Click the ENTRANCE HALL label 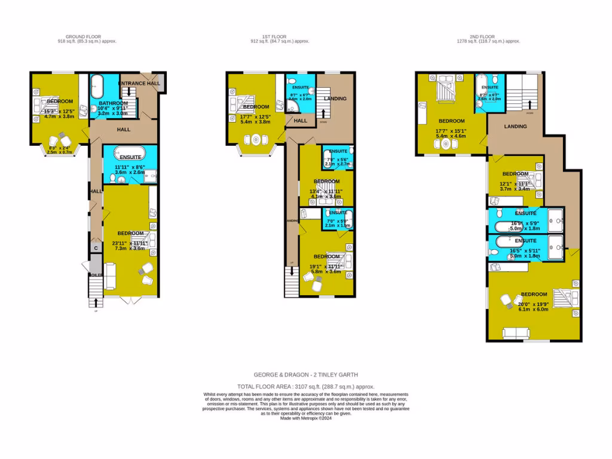point(139,83)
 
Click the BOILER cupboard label point(95,276)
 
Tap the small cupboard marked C point(95,247)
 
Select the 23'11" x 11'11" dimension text point(130,243)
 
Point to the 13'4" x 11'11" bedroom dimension point(326,191)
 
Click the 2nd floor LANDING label point(515,126)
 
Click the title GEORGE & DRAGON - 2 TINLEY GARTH point(305,375)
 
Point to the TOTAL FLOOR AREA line point(305,387)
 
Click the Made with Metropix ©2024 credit point(305,418)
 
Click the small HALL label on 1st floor point(300,121)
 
